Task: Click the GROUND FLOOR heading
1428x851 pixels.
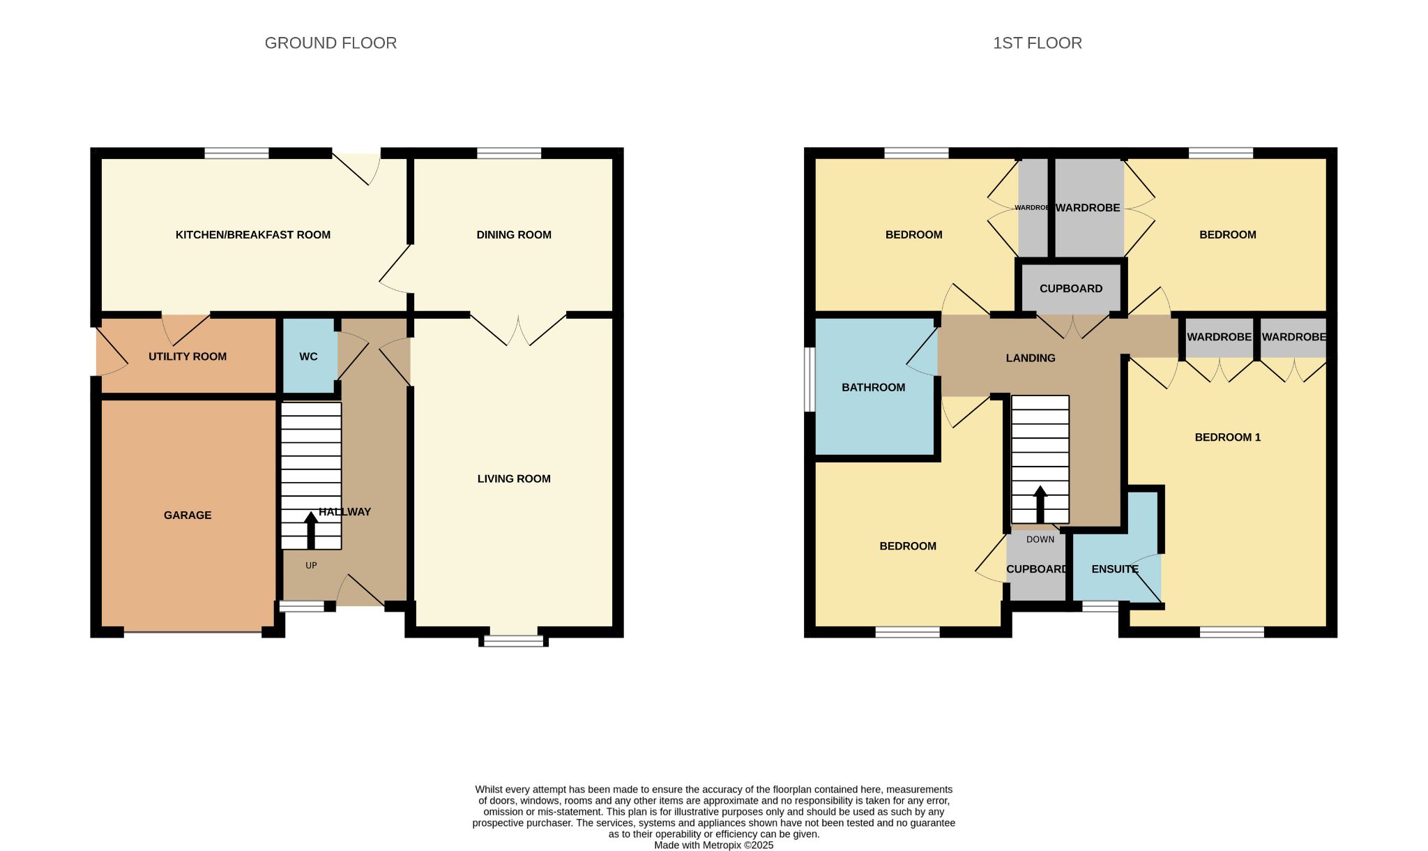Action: point(331,43)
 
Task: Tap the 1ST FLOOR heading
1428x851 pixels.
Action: point(1038,43)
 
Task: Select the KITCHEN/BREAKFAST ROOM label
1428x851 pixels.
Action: point(253,235)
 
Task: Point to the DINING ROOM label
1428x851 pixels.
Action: point(514,235)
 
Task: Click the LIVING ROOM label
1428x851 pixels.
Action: point(514,479)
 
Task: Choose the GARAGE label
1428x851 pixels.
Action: point(188,515)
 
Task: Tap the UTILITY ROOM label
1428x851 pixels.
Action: point(188,356)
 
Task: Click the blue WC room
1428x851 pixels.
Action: point(309,356)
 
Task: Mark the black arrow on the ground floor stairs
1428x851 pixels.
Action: point(311,531)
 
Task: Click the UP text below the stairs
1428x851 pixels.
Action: point(311,566)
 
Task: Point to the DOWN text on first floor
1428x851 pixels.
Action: point(1040,540)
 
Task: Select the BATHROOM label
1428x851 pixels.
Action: point(874,388)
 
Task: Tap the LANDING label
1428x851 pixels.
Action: point(1031,359)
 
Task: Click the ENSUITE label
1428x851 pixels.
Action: point(1115,570)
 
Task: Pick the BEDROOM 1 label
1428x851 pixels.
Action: point(1228,438)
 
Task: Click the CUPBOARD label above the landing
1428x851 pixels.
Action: point(1071,289)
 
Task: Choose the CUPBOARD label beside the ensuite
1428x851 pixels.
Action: point(1037,570)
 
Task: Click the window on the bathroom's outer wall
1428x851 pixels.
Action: point(810,379)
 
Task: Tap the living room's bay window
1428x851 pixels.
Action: point(514,640)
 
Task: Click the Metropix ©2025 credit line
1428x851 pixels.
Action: point(714,845)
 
